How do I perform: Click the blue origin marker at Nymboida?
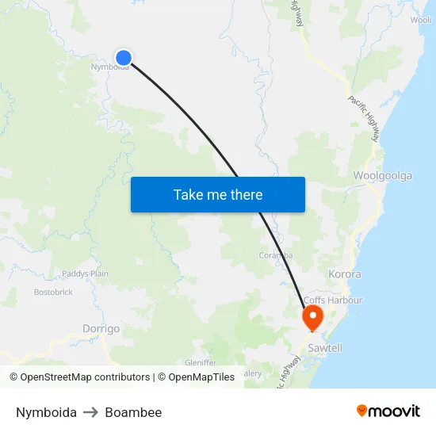pos(123,57)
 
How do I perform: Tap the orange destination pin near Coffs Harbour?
pos(312,317)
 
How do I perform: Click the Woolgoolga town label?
pos(382,176)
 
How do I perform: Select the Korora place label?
pos(345,274)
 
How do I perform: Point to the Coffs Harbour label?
pos(333,300)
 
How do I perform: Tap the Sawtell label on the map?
pos(325,348)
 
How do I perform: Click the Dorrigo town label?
pos(101,328)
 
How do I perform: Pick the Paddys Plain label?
pos(85,274)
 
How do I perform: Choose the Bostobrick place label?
pos(53,292)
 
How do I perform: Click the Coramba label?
pos(276,255)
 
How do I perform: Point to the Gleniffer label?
pos(200,362)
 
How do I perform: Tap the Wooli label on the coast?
pos(421,21)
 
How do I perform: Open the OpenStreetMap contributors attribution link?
pos(85,377)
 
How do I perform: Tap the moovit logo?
pos(388,411)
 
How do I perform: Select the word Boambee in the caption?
pos(133,412)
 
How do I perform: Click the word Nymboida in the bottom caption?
pos(46,412)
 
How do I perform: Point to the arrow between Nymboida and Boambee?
pos(90,412)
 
